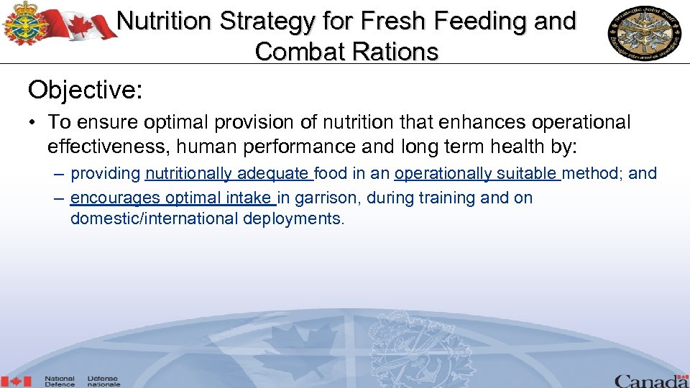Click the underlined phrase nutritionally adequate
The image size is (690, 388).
click(x=228, y=173)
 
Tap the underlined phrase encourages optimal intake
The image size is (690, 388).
click(x=172, y=198)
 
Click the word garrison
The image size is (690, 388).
click(x=326, y=198)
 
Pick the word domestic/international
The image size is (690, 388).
click(x=154, y=218)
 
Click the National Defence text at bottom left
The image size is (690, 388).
click(x=60, y=382)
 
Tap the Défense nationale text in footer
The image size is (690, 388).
click(x=103, y=382)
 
